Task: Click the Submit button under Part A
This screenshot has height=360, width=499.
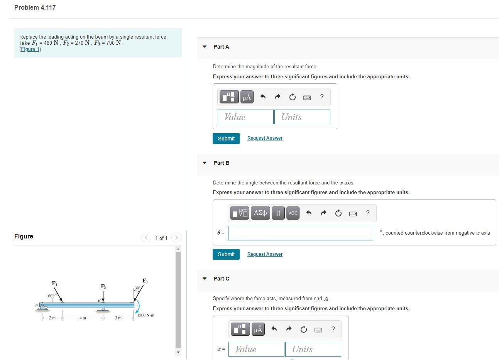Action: [x=226, y=139]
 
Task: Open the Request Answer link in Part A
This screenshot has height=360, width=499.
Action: [x=265, y=138]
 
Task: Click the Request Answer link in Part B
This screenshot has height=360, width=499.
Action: [x=265, y=254]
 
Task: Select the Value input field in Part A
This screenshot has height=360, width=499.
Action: [x=245, y=117]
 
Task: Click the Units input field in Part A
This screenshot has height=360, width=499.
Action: [x=302, y=117]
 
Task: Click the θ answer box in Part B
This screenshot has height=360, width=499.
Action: [x=300, y=233]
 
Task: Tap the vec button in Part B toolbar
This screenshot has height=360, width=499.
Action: [x=293, y=213]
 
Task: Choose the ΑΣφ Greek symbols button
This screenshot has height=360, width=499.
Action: [x=260, y=213]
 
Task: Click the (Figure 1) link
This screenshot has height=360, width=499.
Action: [x=30, y=49]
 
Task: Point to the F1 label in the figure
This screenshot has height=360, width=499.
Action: [x=55, y=284]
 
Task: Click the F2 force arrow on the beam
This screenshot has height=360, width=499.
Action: [x=103, y=296]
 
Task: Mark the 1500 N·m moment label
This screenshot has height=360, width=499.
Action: [x=145, y=315]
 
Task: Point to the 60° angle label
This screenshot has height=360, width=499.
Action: [x=51, y=296]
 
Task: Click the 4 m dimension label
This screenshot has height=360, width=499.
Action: [x=83, y=318]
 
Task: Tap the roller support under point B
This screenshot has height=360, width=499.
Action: [x=103, y=309]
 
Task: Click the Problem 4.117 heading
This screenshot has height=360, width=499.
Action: [x=35, y=8]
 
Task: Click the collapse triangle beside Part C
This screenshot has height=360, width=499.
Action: [x=205, y=279]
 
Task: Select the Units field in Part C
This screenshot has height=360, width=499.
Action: [x=313, y=349]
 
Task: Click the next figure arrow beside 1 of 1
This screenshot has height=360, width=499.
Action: [x=176, y=238]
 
